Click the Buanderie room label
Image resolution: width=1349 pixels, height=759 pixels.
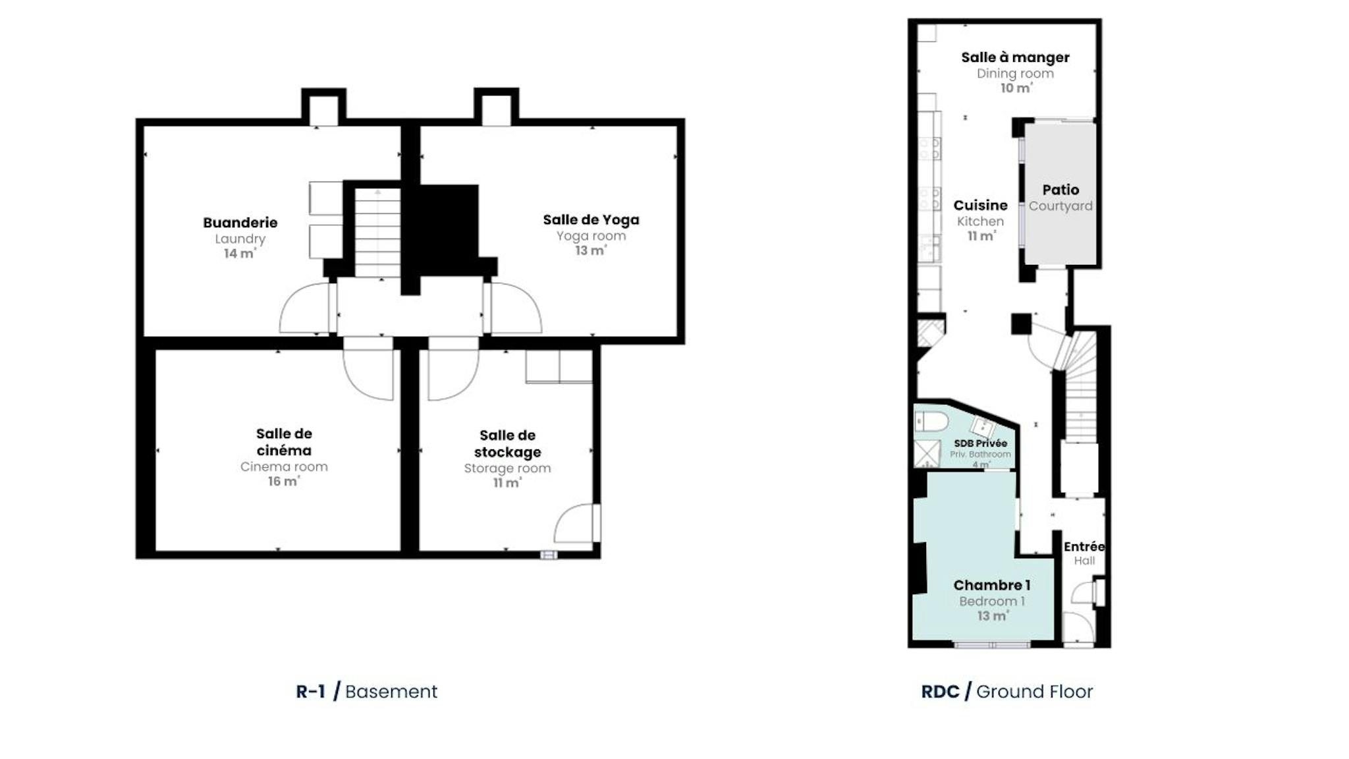click(240, 223)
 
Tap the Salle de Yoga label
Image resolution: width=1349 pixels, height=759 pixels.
click(591, 220)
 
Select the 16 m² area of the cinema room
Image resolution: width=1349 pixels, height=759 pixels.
click(283, 481)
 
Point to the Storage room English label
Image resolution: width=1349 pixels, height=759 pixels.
click(507, 468)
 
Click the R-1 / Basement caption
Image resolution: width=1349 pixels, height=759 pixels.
click(366, 691)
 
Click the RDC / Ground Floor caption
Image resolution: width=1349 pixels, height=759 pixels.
click(1006, 691)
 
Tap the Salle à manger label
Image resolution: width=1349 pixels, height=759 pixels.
click(1015, 57)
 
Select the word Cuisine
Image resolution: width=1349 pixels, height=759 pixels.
click(980, 205)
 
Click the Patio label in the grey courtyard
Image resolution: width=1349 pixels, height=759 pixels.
click(1060, 190)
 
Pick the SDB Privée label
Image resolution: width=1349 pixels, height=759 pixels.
click(980, 443)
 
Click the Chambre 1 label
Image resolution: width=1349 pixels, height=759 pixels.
click(992, 585)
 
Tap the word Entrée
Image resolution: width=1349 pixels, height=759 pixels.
click(1084, 546)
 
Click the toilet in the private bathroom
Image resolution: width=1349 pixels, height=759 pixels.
click(931, 421)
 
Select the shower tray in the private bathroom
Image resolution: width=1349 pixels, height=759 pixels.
click(927, 453)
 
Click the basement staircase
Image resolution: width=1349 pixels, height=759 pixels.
click(377, 233)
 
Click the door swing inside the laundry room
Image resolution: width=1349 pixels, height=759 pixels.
click(304, 308)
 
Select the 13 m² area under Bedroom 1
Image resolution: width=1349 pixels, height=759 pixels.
click(993, 616)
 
